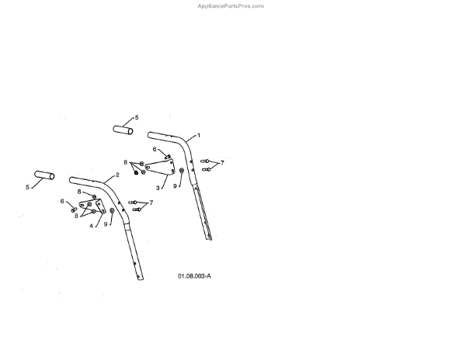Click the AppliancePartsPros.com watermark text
tap(232, 5)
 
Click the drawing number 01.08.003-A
tap(194, 275)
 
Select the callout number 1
tap(198, 135)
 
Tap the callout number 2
tap(117, 175)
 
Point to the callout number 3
tap(158, 187)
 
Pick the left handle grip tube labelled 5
tap(43, 176)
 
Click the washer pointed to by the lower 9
tap(113, 210)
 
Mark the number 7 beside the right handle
tap(222, 163)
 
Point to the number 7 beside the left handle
tap(151, 202)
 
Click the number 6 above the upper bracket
tap(154, 149)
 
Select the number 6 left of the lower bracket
tap(62, 201)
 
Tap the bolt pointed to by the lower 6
tap(73, 209)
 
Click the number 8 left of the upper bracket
tap(125, 162)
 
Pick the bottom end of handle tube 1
tap(208, 238)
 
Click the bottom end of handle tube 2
tap(140, 279)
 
